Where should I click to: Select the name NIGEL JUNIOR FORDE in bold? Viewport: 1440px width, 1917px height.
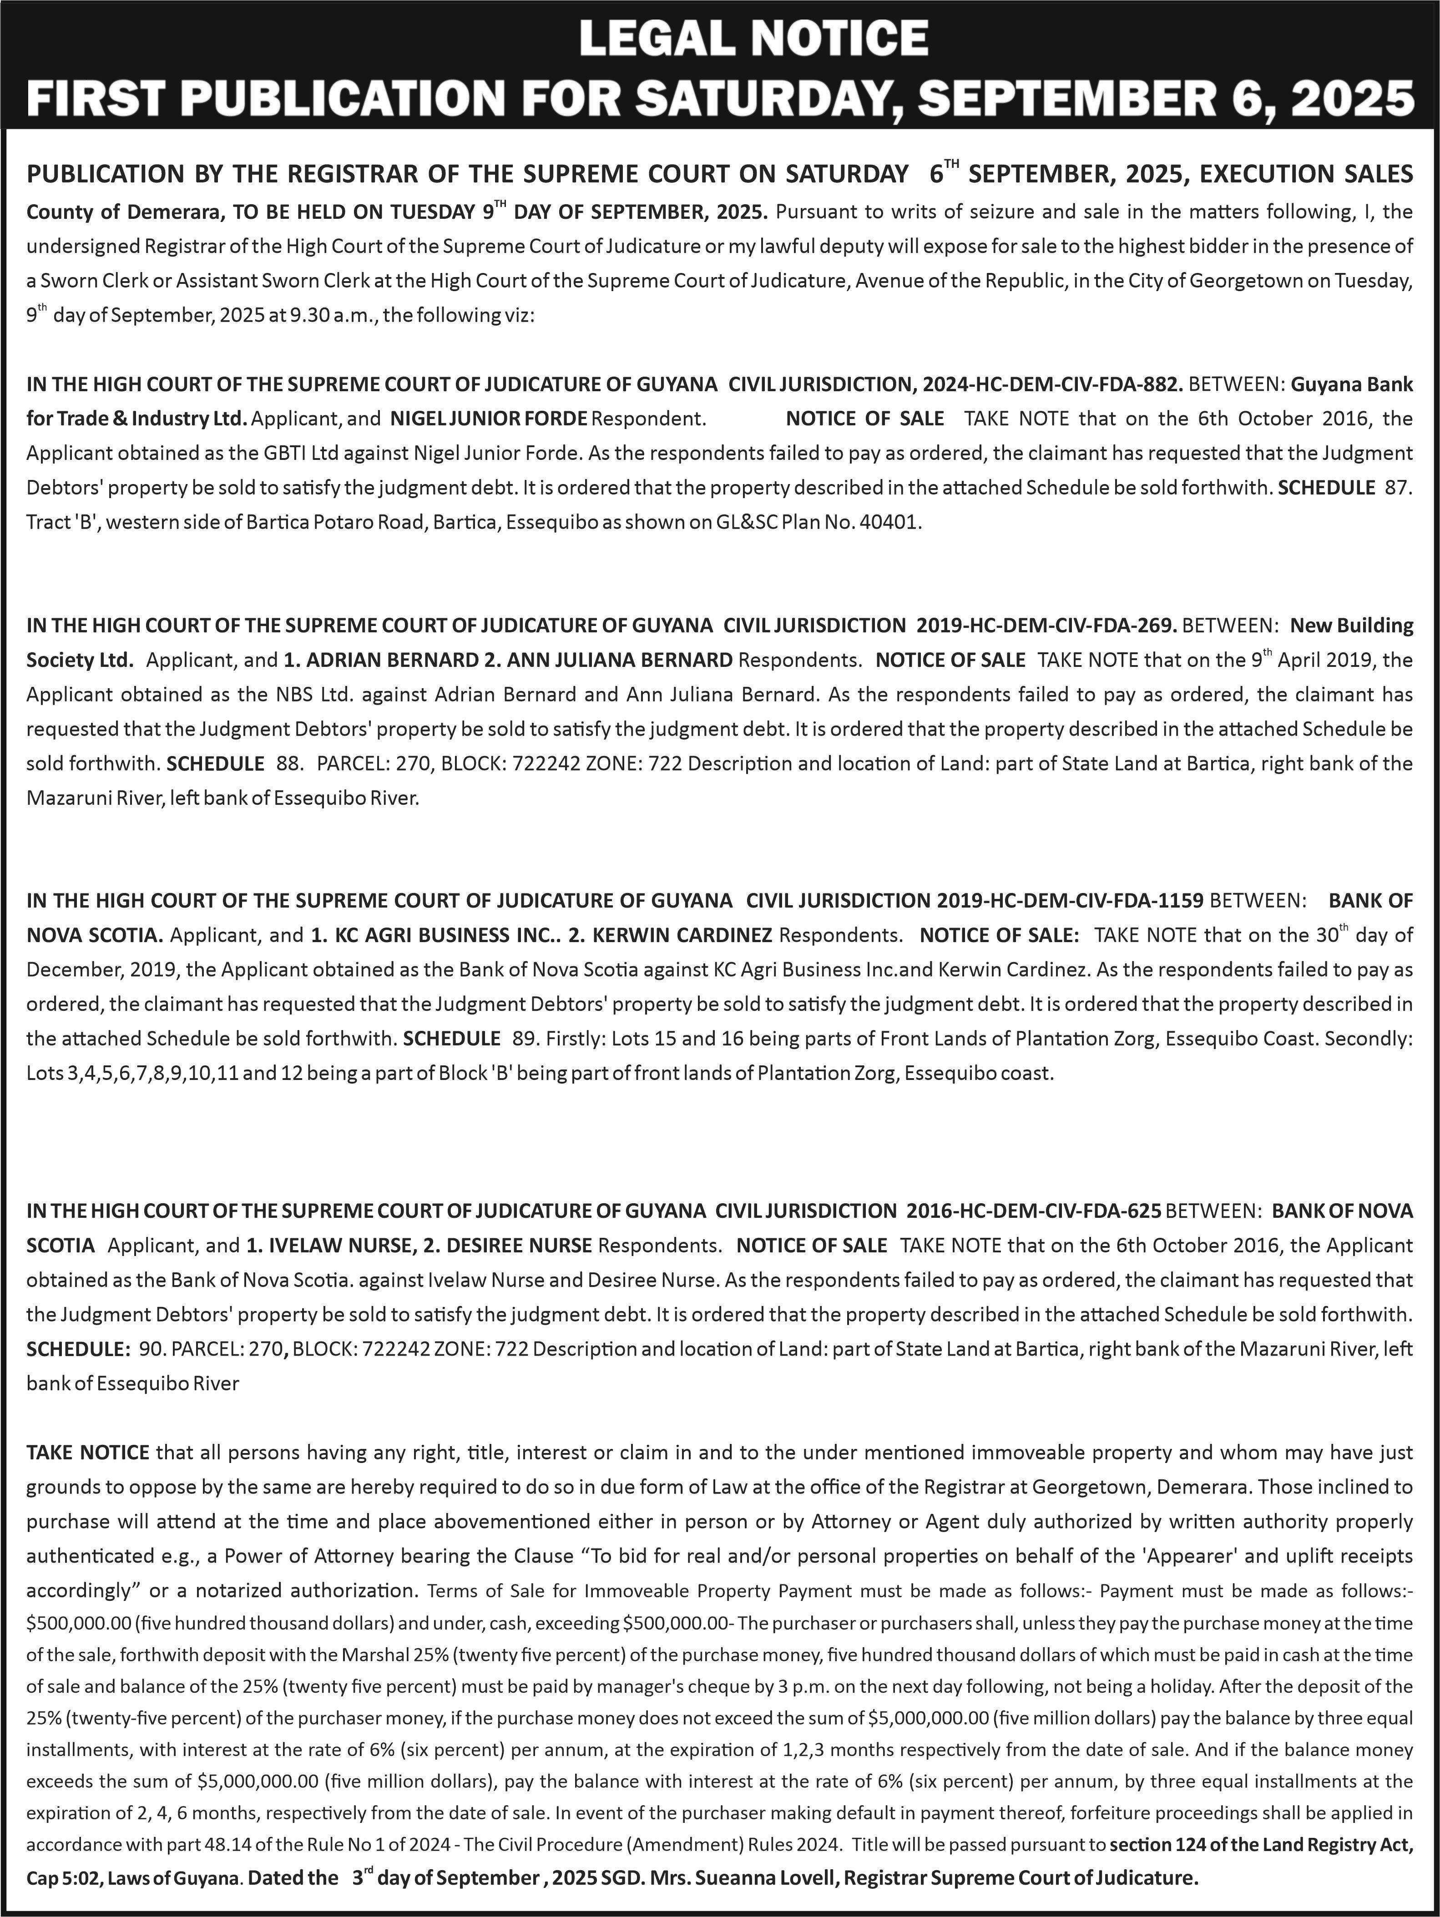click(x=488, y=419)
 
